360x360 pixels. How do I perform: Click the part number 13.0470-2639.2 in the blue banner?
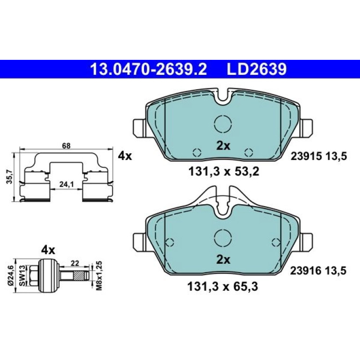tap(149, 69)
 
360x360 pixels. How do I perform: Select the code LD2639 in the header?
tap(257, 69)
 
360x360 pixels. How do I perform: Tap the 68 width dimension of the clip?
tap(66, 145)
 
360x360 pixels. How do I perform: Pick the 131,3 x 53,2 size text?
tap(223, 172)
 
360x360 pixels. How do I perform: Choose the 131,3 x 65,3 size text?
tap(223, 286)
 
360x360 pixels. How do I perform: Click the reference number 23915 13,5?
tap(319, 157)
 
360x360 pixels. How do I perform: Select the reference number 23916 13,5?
tap(318, 271)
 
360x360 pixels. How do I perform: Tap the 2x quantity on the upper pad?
tap(223, 145)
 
